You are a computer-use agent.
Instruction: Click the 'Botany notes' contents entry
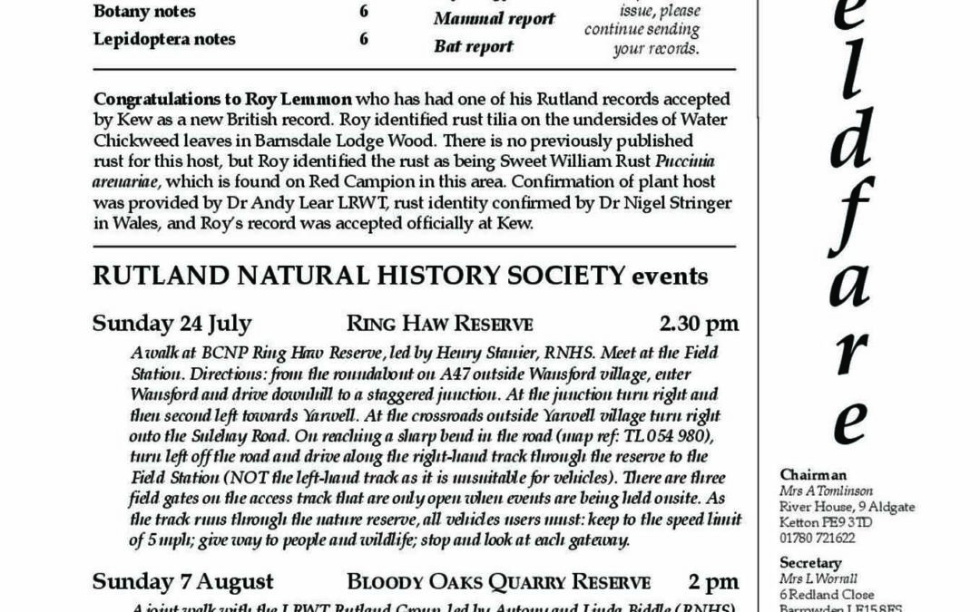[144, 12]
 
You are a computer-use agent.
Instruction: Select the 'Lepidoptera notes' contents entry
[164, 39]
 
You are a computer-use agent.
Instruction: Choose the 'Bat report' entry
[473, 46]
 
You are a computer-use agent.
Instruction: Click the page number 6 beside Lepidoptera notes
[363, 39]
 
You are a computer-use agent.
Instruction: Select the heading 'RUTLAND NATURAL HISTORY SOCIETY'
[358, 276]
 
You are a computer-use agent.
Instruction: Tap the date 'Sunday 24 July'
[171, 324]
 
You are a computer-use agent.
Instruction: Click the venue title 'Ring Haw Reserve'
[439, 325]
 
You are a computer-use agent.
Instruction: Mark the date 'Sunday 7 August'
[182, 581]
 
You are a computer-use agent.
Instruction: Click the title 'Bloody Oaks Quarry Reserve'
[498, 582]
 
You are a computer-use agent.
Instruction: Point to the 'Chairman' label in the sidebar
[812, 474]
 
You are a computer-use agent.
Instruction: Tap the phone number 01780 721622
[818, 538]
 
